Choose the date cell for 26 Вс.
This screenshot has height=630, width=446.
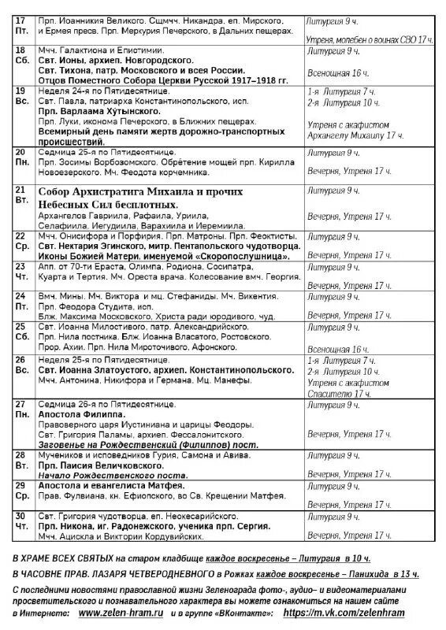[23, 365]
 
